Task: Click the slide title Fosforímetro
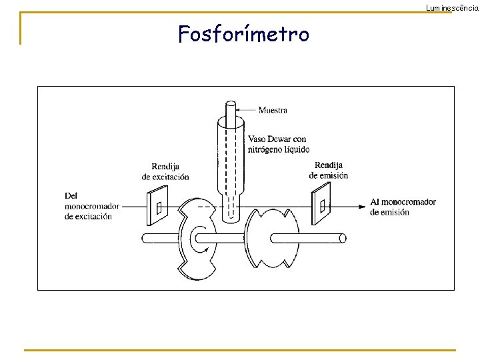coord(243,33)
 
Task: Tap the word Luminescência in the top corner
coord(452,7)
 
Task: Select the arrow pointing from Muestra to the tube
coord(247,110)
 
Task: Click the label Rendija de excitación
coord(165,171)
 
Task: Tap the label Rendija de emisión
coord(328,170)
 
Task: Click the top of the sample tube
coord(231,105)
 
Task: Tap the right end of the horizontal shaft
coord(342,238)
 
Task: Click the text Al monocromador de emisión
coord(403,207)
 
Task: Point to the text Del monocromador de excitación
coord(88,206)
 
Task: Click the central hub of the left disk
coord(200,238)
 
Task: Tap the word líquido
coord(296,149)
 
